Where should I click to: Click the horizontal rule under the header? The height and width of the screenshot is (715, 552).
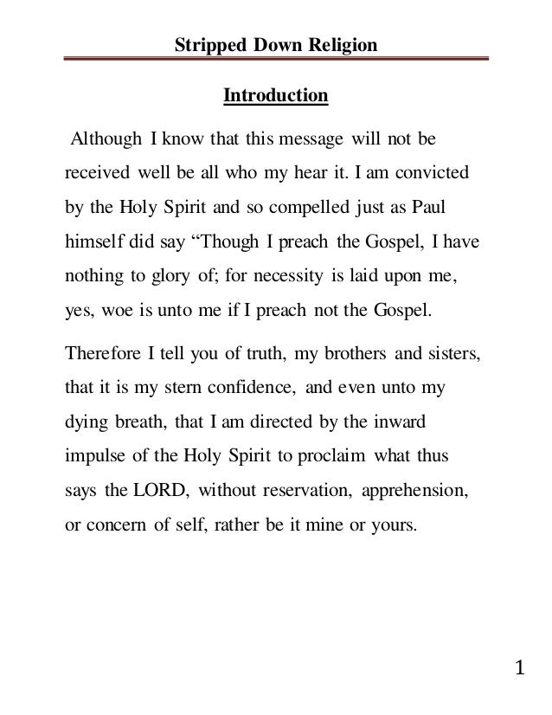pos(276,61)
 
